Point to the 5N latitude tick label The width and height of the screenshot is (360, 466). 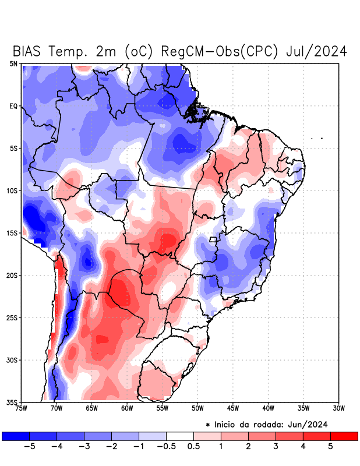(x=13, y=63)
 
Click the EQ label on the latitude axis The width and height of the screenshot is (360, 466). (x=13, y=106)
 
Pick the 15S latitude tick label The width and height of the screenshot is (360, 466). (x=12, y=233)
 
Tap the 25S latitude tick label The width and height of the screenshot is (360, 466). (x=12, y=317)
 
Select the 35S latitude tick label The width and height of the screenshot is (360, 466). (x=12, y=402)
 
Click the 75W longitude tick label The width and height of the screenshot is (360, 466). (x=22, y=408)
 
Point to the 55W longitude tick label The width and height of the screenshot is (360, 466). (x=163, y=408)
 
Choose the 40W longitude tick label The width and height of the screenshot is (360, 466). (x=269, y=408)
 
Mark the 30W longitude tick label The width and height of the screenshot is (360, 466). (x=339, y=408)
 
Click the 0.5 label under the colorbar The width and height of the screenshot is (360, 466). (x=193, y=446)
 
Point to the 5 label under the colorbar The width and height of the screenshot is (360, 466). (x=330, y=446)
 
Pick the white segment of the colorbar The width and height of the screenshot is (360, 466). (x=180, y=436)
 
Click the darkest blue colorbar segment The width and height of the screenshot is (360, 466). (x=16, y=436)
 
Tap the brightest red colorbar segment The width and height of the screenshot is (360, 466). (x=344, y=436)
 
